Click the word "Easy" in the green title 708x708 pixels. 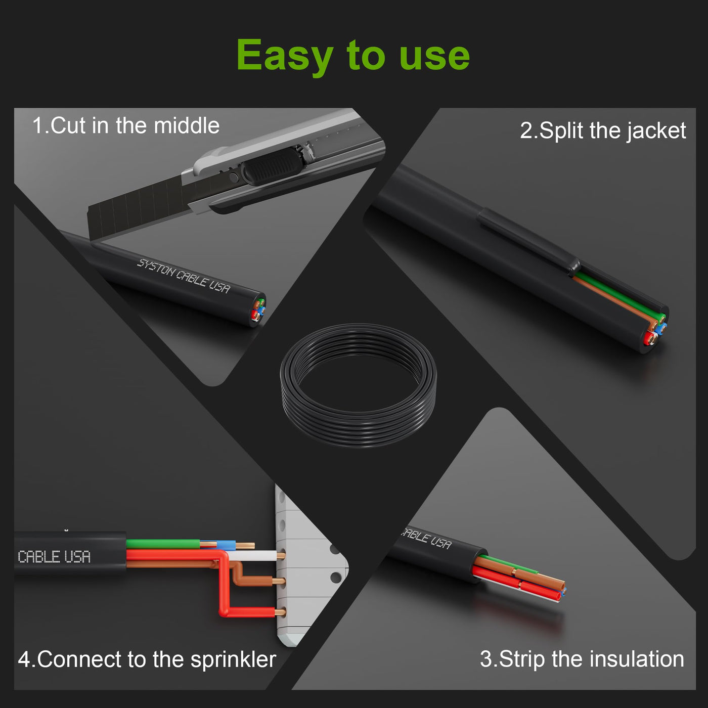coord(285,56)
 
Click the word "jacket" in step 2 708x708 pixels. coord(656,131)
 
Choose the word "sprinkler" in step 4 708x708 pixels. coord(233,659)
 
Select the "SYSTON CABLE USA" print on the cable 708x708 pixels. coord(184,276)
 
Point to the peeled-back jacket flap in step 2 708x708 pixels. coord(529,241)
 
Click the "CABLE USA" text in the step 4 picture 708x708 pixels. coord(54,557)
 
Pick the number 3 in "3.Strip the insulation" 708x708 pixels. coord(486,659)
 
